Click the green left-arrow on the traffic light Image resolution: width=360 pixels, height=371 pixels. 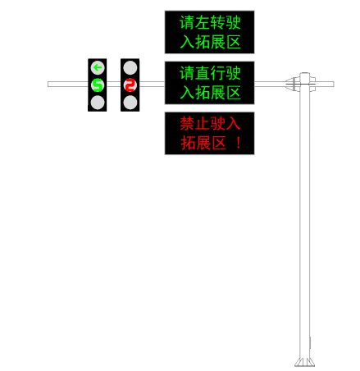(98, 67)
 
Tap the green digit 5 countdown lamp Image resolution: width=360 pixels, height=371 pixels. (98, 85)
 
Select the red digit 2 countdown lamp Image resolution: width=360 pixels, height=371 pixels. (130, 85)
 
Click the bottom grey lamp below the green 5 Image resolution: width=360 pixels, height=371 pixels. (98, 103)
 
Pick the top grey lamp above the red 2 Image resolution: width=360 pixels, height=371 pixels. (130, 67)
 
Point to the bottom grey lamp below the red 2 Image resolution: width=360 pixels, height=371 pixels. (130, 103)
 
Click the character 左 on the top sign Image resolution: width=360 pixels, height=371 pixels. (203, 22)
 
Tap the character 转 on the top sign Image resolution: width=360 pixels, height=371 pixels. (218, 22)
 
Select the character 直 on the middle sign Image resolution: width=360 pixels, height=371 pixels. (203, 73)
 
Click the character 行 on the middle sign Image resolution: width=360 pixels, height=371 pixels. (218, 73)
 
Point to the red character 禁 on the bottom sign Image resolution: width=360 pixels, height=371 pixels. (187, 123)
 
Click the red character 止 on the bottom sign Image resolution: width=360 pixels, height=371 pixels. (203, 123)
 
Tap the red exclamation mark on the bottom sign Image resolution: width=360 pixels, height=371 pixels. (239, 143)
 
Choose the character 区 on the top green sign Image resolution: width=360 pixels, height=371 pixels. (233, 42)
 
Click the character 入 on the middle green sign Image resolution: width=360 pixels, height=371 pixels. (187, 93)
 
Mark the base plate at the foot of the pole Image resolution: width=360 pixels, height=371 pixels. (304, 362)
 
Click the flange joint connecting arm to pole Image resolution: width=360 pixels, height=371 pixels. (293, 84)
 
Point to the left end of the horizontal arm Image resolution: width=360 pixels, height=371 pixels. (48, 84)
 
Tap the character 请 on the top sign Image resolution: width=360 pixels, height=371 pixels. (187, 22)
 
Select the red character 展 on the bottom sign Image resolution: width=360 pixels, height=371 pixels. (203, 143)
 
